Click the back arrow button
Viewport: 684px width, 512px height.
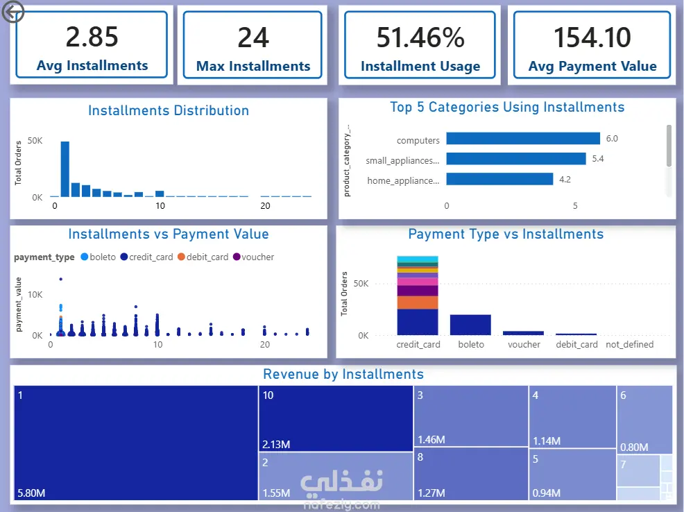coord(12,12)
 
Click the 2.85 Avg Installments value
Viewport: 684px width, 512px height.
coord(92,37)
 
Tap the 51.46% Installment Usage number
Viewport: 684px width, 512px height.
coord(420,37)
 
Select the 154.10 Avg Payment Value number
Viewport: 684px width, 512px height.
coord(592,37)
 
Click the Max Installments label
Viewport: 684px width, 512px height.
coord(253,67)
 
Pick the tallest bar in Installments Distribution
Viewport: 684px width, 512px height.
coord(65,169)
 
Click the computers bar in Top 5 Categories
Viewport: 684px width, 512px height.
coord(523,138)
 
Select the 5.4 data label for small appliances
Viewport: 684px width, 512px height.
coord(597,159)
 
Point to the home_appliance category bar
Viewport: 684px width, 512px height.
coord(499,179)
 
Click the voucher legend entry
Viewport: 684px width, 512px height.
coord(253,257)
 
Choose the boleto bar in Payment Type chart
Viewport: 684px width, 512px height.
coord(470,325)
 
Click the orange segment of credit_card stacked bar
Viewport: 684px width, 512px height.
coord(418,302)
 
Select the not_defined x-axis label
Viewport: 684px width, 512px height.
coord(629,345)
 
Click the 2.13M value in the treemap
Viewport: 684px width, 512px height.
coord(276,445)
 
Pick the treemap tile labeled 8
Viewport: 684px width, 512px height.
coord(471,474)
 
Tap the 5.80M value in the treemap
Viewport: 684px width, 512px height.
coord(31,493)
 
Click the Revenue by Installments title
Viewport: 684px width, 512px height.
coord(343,374)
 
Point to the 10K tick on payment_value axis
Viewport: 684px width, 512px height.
coord(35,295)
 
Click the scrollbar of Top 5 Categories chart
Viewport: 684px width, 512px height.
coord(669,146)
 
